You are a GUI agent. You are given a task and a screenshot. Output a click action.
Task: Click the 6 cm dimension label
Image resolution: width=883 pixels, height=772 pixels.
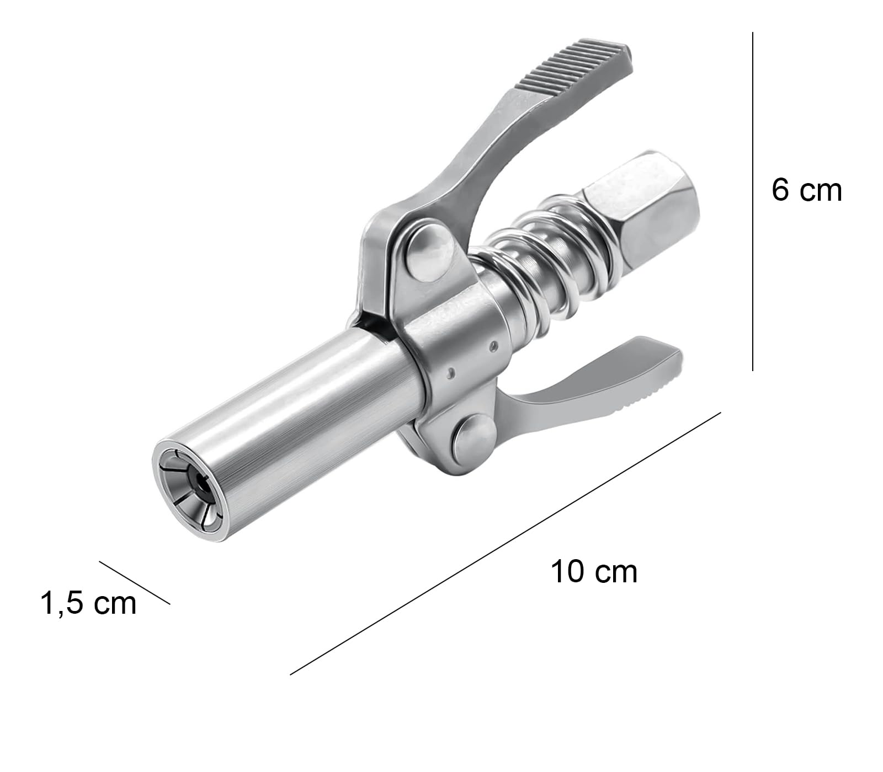pyautogui.click(x=806, y=190)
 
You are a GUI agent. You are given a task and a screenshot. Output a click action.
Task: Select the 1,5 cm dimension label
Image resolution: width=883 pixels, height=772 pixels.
pyautogui.click(x=88, y=603)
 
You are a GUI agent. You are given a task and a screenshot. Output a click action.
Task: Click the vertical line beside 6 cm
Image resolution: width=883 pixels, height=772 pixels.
pyautogui.click(x=753, y=201)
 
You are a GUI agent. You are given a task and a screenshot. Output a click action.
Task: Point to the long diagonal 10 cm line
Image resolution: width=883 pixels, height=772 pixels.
pyautogui.click(x=505, y=543)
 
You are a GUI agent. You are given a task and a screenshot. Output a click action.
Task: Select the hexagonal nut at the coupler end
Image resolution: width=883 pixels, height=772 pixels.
pyautogui.click(x=640, y=204)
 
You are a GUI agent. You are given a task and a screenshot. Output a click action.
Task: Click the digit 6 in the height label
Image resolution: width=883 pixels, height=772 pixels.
pyautogui.click(x=781, y=190)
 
